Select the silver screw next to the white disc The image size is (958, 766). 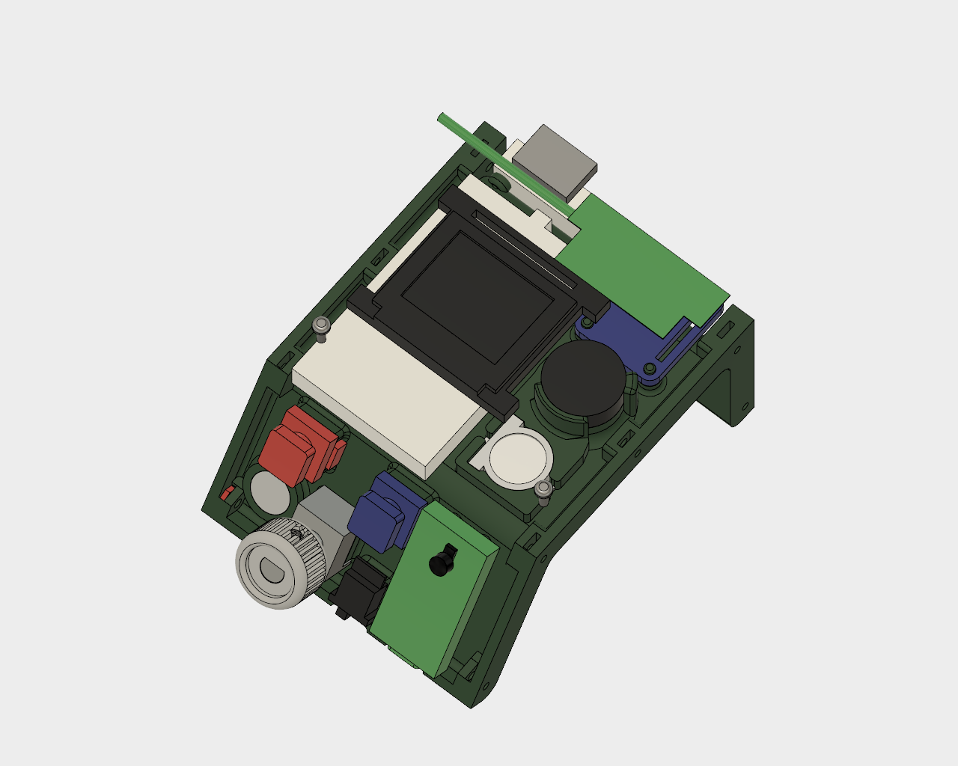[x=544, y=488]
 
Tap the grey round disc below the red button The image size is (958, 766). [x=269, y=490]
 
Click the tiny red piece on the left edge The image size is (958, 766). [x=226, y=493]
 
